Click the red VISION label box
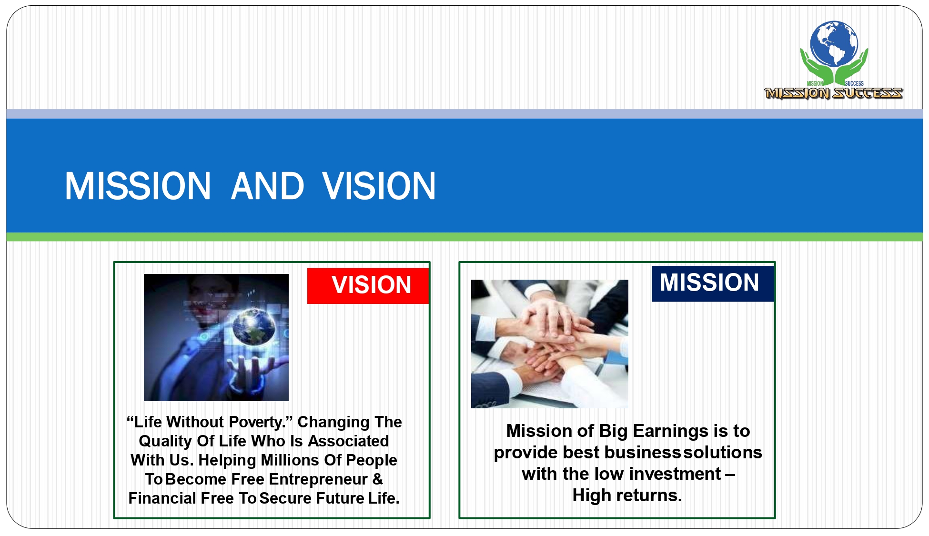point(368,286)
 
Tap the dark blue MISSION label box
point(713,283)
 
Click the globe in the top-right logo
point(834,43)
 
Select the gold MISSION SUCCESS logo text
point(833,93)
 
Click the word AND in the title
point(268,186)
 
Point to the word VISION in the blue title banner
point(379,186)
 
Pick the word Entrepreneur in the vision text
point(318,479)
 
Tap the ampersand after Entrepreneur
point(378,479)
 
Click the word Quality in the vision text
point(166,442)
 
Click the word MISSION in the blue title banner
point(138,186)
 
